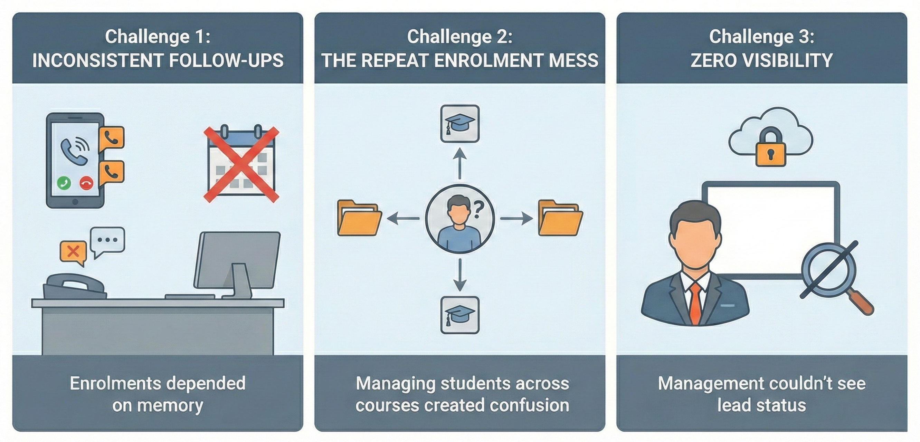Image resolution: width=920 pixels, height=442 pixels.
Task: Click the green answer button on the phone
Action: (x=64, y=183)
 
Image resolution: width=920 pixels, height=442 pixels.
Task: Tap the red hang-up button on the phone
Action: (x=86, y=183)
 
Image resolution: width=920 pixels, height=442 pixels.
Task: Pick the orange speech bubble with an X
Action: (x=73, y=252)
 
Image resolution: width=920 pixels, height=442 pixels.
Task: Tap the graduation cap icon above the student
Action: (x=459, y=124)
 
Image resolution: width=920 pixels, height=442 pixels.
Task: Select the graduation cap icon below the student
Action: (x=459, y=315)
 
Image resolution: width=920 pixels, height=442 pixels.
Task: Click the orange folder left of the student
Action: (x=359, y=219)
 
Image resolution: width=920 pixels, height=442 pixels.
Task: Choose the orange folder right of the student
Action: (x=560, y=219)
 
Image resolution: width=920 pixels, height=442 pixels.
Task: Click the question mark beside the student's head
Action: (x=478, y=210)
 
